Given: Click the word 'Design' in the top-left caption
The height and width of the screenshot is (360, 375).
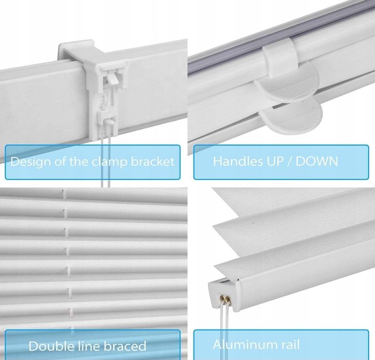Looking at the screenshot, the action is click(x=31, y=161).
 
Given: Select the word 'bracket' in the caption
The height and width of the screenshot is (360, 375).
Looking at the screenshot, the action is click(x=153, y=161).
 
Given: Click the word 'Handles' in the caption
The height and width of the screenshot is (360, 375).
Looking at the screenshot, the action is click(x=238, y=161).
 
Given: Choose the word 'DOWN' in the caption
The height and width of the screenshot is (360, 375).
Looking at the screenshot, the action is click(x=317, y=161).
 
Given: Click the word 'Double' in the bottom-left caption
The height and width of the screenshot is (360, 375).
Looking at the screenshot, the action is click(x=51, y=346).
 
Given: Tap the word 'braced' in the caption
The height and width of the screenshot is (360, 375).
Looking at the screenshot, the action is click(x=125, y=346).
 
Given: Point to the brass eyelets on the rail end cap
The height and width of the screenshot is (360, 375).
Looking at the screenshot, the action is click(x=225, y=299).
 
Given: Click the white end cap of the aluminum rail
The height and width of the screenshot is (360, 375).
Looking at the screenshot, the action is click(x=224, y=295).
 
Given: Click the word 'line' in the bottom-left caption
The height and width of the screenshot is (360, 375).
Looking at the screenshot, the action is click(x=89, y=346).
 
